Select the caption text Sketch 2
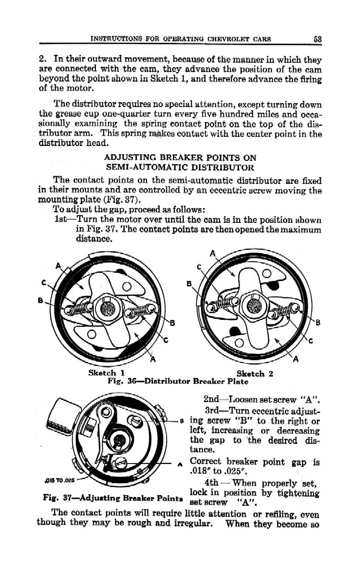click(255, 373)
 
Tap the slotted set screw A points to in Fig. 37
click(120, 463)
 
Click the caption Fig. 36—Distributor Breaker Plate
click(178, 382)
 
